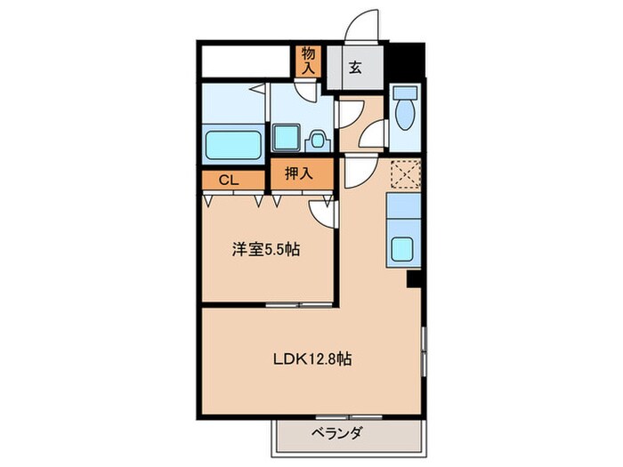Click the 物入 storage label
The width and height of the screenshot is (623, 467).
(x=308, y=60)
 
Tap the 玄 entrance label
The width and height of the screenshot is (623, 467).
(x=354, y=68)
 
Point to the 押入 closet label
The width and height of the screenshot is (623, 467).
(x=298, y=174)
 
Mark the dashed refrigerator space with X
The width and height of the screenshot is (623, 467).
(x=405, y=173)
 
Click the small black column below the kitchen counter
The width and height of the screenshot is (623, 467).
(x=413, y=278)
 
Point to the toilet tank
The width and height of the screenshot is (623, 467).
(x=406, y=93)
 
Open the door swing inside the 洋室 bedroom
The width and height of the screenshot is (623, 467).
(x=321, y=212)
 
